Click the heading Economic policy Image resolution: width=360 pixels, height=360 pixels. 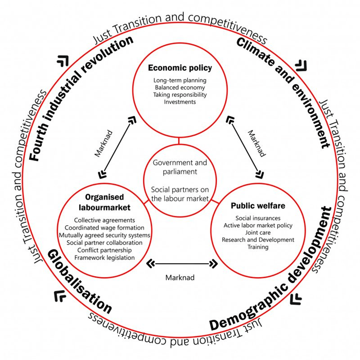[x=180, y=68]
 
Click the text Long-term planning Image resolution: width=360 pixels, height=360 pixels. [x=180, y=80]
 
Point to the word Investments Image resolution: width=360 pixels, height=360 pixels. [x=180, y=102]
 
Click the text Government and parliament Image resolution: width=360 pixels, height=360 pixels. [x=180, y=167]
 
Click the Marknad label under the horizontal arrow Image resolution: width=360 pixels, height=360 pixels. [x=180, y=277]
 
